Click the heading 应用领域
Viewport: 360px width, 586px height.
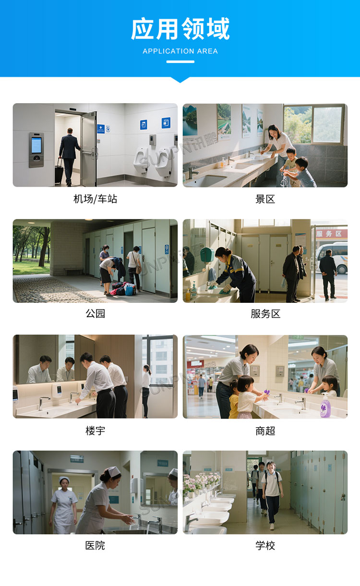(x=180, y=29)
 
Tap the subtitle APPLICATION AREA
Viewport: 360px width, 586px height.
(x=180, y=51)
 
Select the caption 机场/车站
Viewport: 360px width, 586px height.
(x=95, y=199)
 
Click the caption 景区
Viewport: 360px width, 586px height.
(x=265, y=199)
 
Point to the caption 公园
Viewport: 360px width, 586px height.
(x=95, y=314)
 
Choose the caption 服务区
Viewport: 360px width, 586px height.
(x=265, y=314)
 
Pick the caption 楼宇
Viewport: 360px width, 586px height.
(x=95, y=431)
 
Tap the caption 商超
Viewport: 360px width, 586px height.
(x=265, y=431)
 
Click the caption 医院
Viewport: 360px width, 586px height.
(x=95, y=546)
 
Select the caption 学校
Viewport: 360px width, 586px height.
(x=265, y=546)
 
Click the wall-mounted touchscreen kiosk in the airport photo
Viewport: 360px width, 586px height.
(x=36, y=149)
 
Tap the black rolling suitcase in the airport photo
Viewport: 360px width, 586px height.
(x=59, y=172)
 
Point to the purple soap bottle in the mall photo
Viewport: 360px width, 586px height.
(x=325, y=407)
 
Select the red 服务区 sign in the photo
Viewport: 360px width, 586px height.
(x=331, y=234)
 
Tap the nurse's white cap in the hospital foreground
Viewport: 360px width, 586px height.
(x=113, y=472)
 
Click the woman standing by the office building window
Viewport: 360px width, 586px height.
(x=146, y=390)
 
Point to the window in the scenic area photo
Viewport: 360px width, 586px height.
(x=313, y=124)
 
